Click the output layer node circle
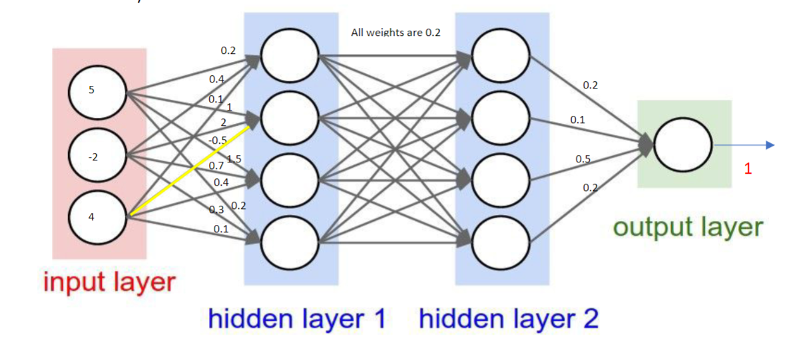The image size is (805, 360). pyautogui.click(x=682, y=146)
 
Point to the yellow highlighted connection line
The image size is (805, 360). pyautogui.click(x=190, y=170)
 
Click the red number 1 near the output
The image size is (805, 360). pyautogui.click(x=748, y=170)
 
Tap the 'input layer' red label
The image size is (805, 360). pyautogui.click(x=109, y=281)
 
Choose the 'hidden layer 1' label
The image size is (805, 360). pyautogui.click(x=297, y=319)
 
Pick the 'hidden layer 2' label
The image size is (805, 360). pyautogui.click(x=509, y=319)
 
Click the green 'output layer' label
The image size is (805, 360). pyautogui.click(x=687, y=227)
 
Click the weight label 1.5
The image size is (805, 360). pyautogui.click(x=234, y=158)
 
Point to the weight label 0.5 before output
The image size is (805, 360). pyautogui.click(x=583, y=159)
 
